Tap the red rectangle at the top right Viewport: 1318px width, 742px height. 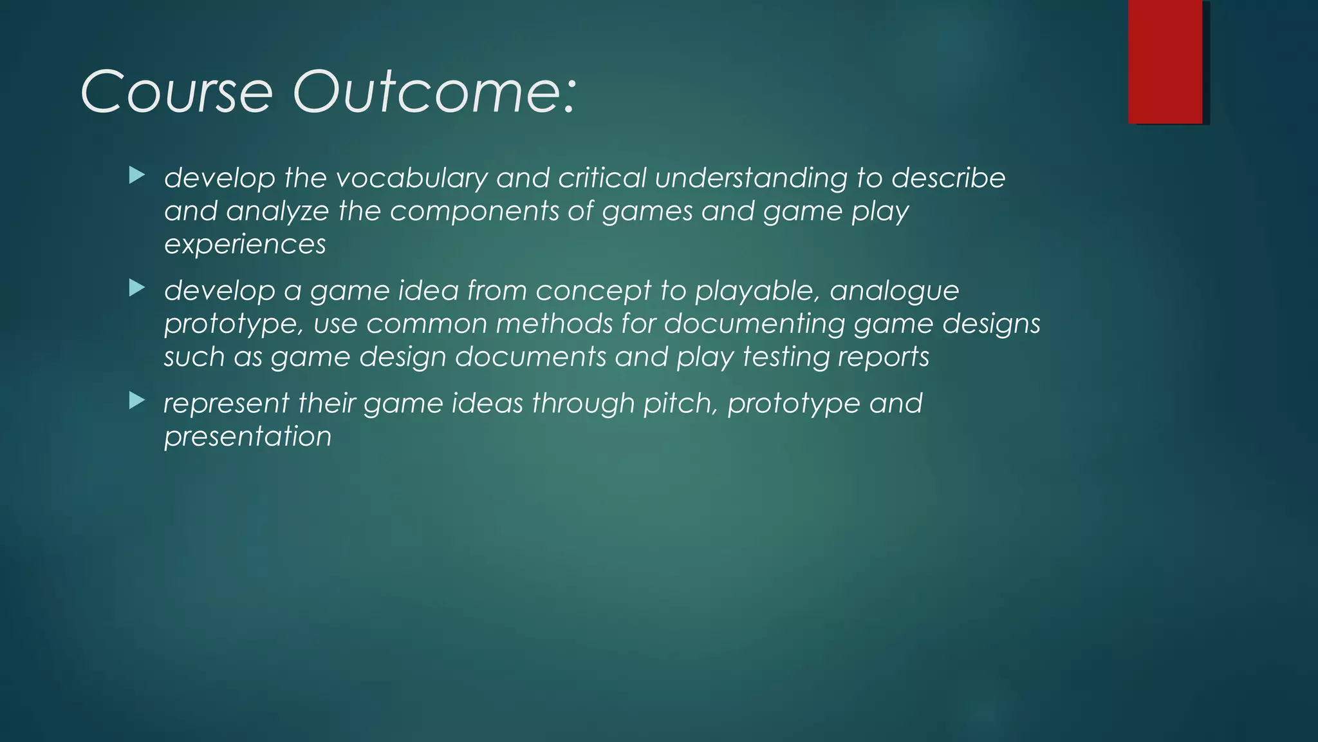[1165, 61]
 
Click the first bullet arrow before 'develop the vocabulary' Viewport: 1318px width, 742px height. [136, 175]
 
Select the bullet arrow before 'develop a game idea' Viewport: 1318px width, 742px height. [136, 288]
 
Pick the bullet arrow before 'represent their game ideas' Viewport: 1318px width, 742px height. [136, 401]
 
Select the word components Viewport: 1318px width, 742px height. [474, 212]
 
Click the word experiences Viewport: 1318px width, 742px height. [245, 245]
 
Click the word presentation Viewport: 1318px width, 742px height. [248, 437]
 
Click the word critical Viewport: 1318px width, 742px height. [602, 178]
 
